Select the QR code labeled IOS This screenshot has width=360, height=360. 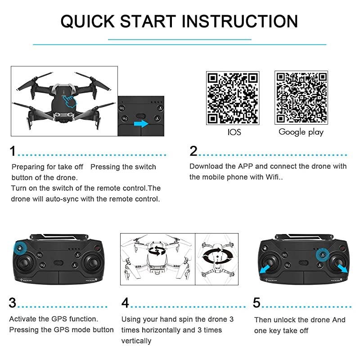click(x=233, y=98)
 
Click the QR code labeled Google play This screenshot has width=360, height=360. click(x=301, y=98)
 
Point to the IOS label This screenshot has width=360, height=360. click(x=234, y=132)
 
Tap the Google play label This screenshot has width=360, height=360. click(x=301, y=132)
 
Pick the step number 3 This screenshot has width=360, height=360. click(x=13, y=303)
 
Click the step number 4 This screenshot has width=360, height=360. click(x=126, y=303)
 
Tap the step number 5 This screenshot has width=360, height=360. click(x=256, y=303)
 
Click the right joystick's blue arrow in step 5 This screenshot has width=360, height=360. click(x=343, y=269)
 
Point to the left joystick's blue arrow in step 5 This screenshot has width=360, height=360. click(x=266, y=269)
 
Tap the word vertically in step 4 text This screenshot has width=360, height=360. click(x=136, y=341)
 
